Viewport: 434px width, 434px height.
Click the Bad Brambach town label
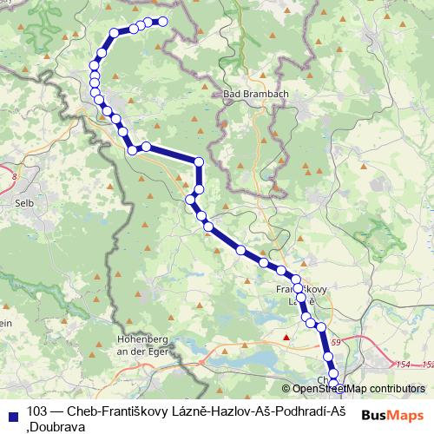(250, 95)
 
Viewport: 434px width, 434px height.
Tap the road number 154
(400, 365)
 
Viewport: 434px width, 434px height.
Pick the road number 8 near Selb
(15, 177)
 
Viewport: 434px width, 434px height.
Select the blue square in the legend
(11, 411)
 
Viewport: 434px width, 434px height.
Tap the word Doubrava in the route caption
(56, 425)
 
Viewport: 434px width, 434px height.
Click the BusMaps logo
(391, 416)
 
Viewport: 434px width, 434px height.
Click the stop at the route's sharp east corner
(199, 161)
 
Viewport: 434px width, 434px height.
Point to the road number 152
(424, 365)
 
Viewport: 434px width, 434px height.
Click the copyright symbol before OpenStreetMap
(286, 388)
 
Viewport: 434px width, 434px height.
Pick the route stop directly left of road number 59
(320, 327)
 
